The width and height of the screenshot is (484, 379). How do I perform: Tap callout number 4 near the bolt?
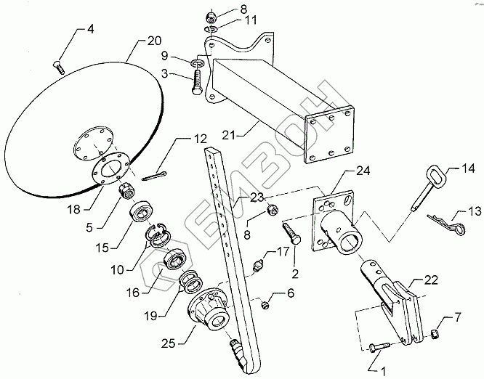click(x=90, y=30)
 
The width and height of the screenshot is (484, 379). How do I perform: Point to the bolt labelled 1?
click(x=382, y=346)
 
